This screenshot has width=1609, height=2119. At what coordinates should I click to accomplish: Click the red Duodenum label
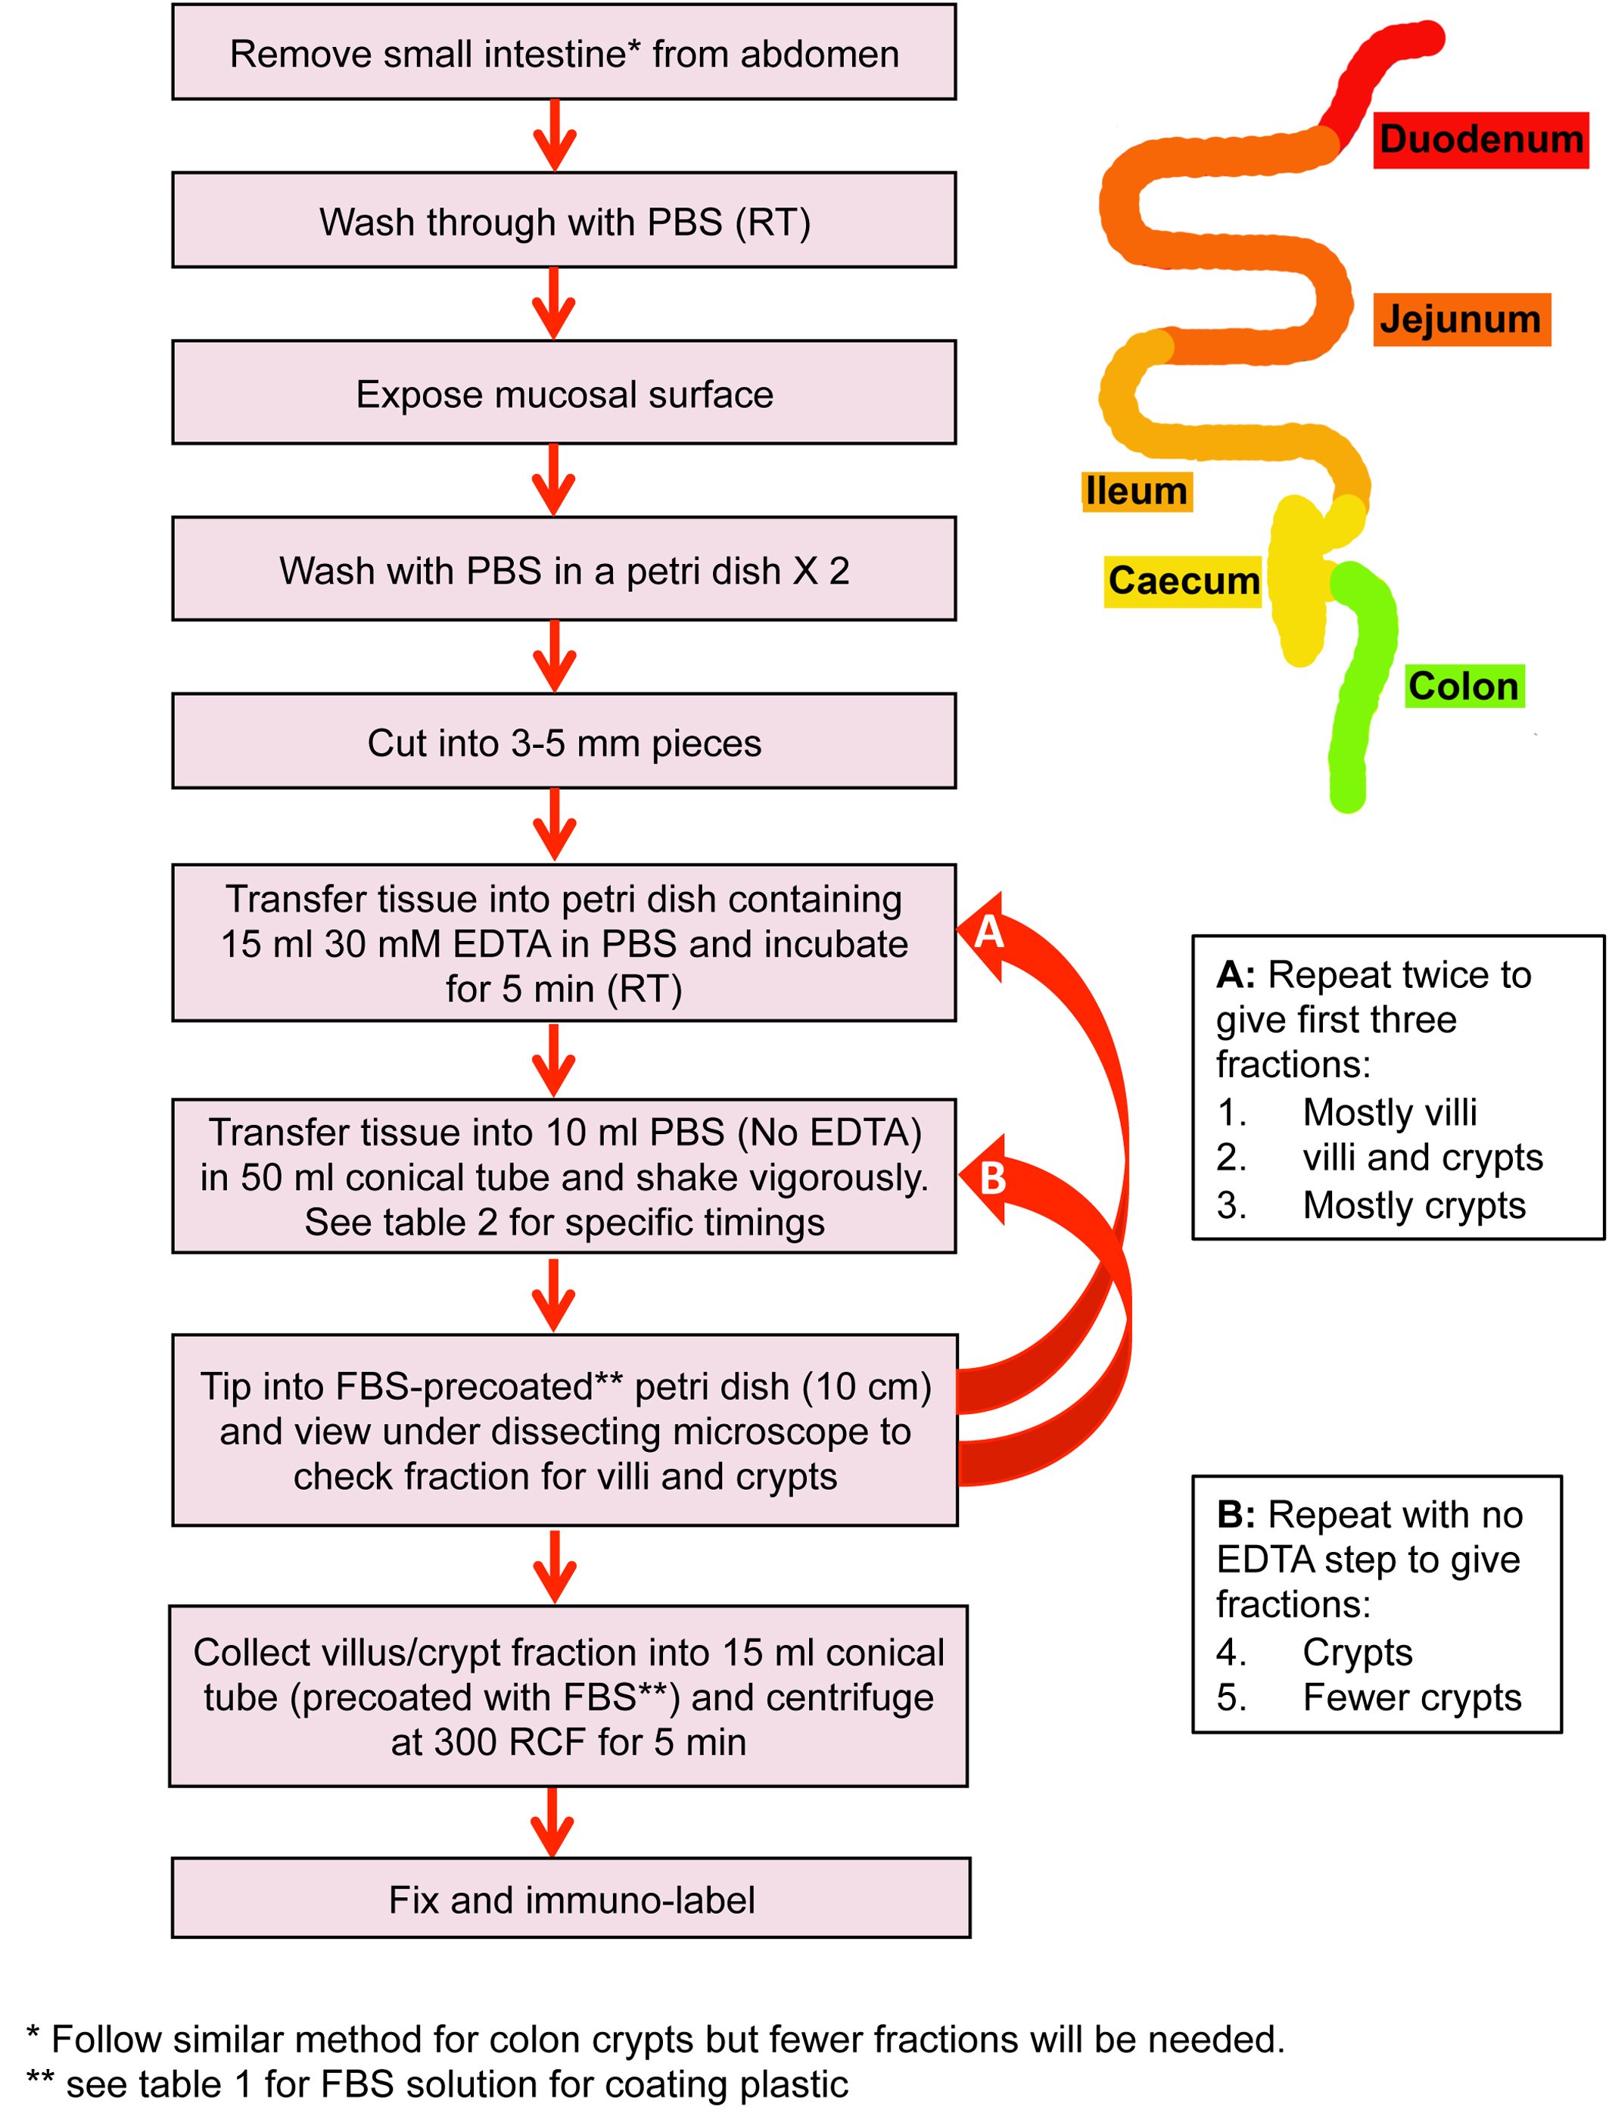point(1480,140)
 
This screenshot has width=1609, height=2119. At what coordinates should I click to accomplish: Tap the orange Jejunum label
point(1461,319)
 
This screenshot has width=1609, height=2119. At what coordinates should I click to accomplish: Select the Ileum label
point(1137,491)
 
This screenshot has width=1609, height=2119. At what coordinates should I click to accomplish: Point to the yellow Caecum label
point(1183,581)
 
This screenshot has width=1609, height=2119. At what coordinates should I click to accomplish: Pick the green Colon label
point(1464,687)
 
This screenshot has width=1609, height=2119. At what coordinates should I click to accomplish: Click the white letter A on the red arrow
point(988,932)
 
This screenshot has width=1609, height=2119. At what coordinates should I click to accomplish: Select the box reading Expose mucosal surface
point(564,393)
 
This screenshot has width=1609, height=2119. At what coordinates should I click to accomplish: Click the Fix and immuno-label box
point(571,1899)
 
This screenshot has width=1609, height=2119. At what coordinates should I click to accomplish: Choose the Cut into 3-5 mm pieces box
point(564,743)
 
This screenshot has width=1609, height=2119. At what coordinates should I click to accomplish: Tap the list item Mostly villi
point(1390,1113)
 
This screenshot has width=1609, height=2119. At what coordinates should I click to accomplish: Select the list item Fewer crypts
point(1411,1697)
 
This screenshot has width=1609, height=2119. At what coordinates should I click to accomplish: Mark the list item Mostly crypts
point(1414,1205)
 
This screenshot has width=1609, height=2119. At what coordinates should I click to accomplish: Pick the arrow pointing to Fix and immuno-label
point(552,1822)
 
